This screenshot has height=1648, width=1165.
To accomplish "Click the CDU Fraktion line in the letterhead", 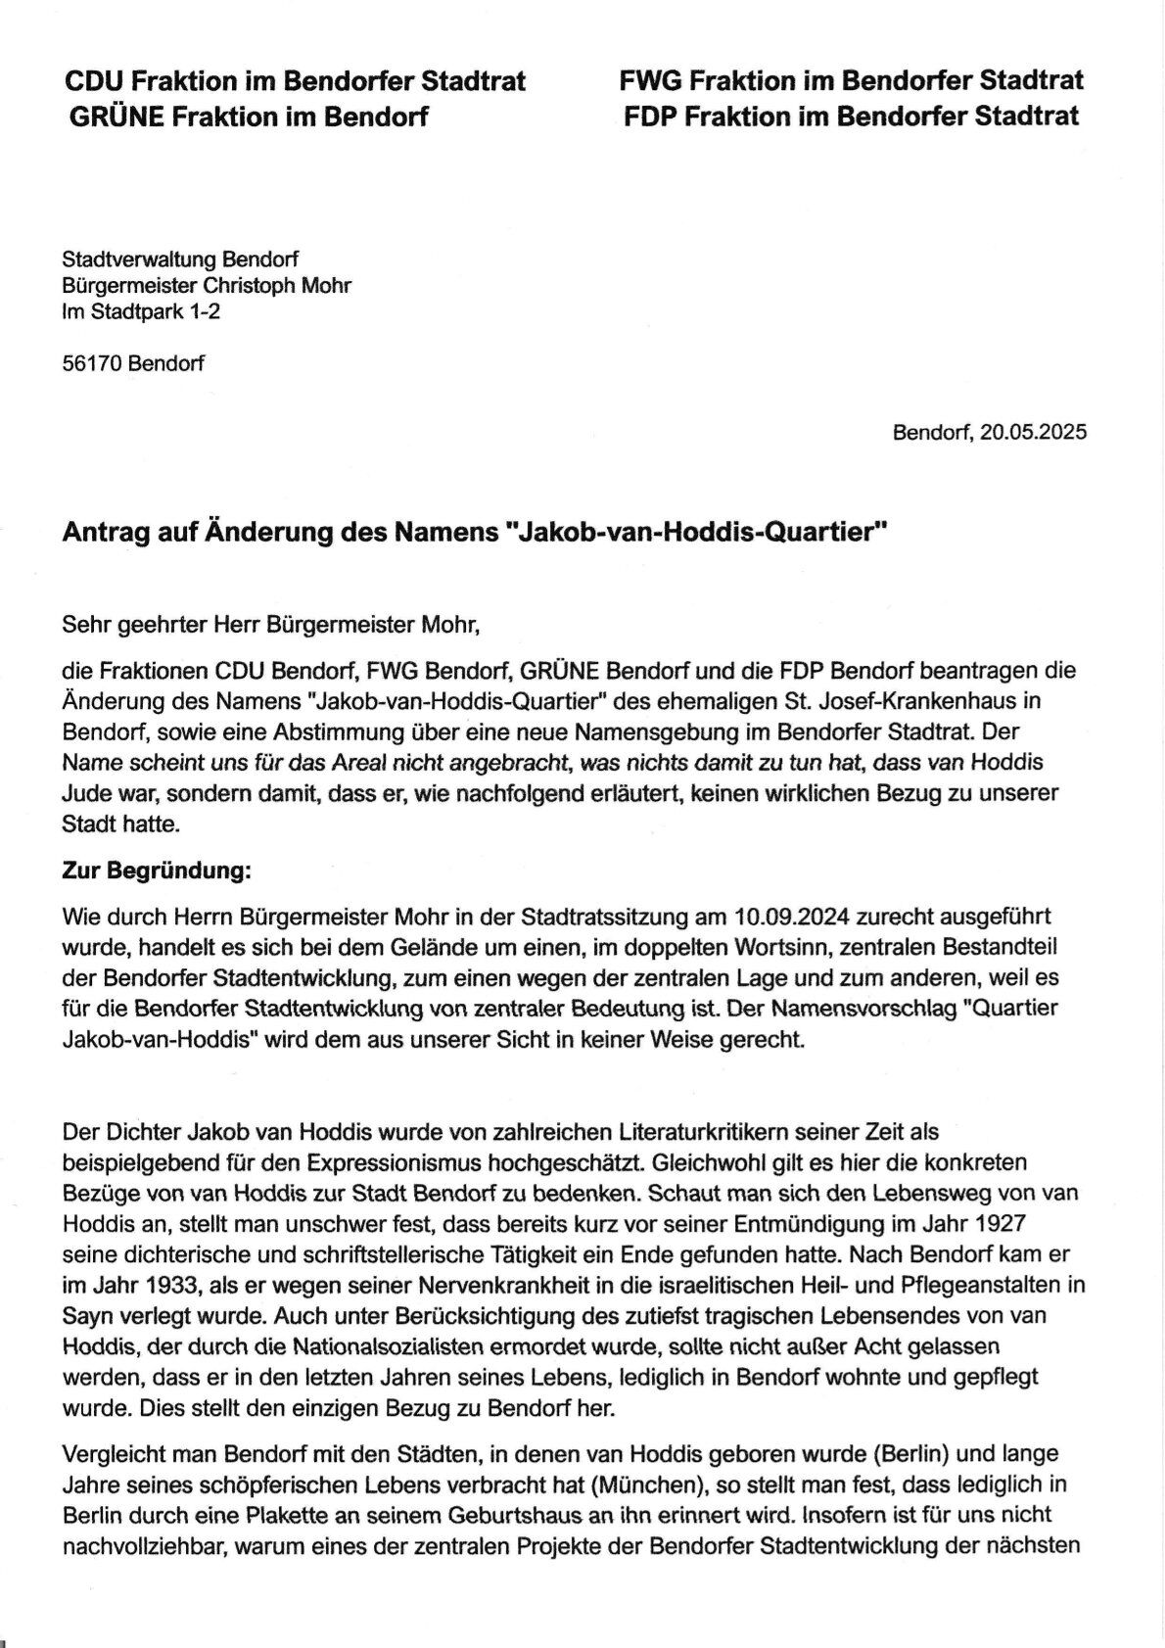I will pyautogui.click(x=294, y=80).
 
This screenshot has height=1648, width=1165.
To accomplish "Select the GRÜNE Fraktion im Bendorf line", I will pyautogui.click(x=249, y=117).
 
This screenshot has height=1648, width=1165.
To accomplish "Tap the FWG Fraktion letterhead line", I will pyautogui.click(x=851, y=80).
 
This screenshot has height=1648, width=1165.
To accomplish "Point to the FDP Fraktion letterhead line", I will pyautogui.click(x=851, y=117).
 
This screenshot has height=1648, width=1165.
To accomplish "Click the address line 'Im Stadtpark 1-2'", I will pyautogui.click(x=134, y=312).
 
